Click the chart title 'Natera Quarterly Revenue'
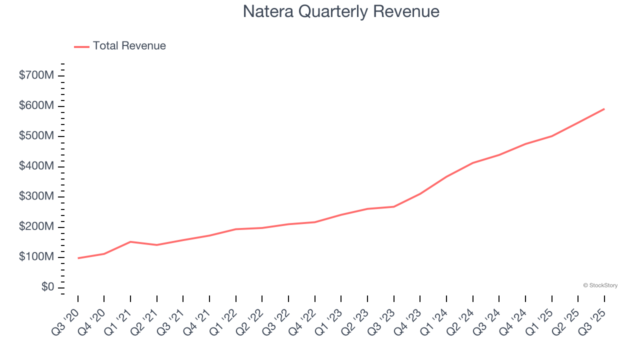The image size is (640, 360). pyautogui.click(x=341, y=11)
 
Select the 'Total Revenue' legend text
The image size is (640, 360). pyautogui.click(x=129, y=46)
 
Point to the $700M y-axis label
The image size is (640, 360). pyautogui.click(x=36, y=75)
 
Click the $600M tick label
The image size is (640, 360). pyautogui.click(x=36, y=106)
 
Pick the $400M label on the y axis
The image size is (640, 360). pyautogui.click(x=36, y=166)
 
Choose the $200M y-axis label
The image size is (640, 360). pyautogui.click(x=36, y=227)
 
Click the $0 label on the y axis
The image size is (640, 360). pyautogui.click(x=48, y=287)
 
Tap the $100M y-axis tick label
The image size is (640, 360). pyautogui.click(x=36, y=257)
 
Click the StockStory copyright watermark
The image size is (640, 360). pyautogui.click(x=600, y=285)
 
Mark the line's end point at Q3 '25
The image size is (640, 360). pyautogui.click(x=604, y=109)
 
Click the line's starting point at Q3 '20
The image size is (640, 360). pyautogui.click(x=78, y=258)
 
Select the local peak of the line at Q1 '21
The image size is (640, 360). pyautogui.click(x=130, y=242)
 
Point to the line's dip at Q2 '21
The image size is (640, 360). pyautogui.click(x=157, y=245)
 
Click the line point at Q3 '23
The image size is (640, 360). pyautogui.click(x=394, y=206)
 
